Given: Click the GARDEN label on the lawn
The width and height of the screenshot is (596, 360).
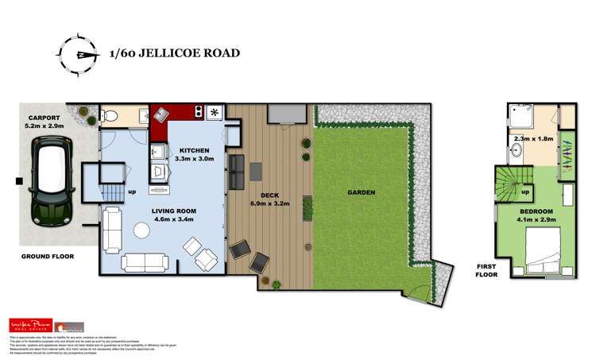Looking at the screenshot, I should tap(361, 192).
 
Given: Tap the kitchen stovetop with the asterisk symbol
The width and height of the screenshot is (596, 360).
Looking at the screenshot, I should tap(214, 112).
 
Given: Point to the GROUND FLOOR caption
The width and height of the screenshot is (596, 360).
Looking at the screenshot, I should tap(47, 257).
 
